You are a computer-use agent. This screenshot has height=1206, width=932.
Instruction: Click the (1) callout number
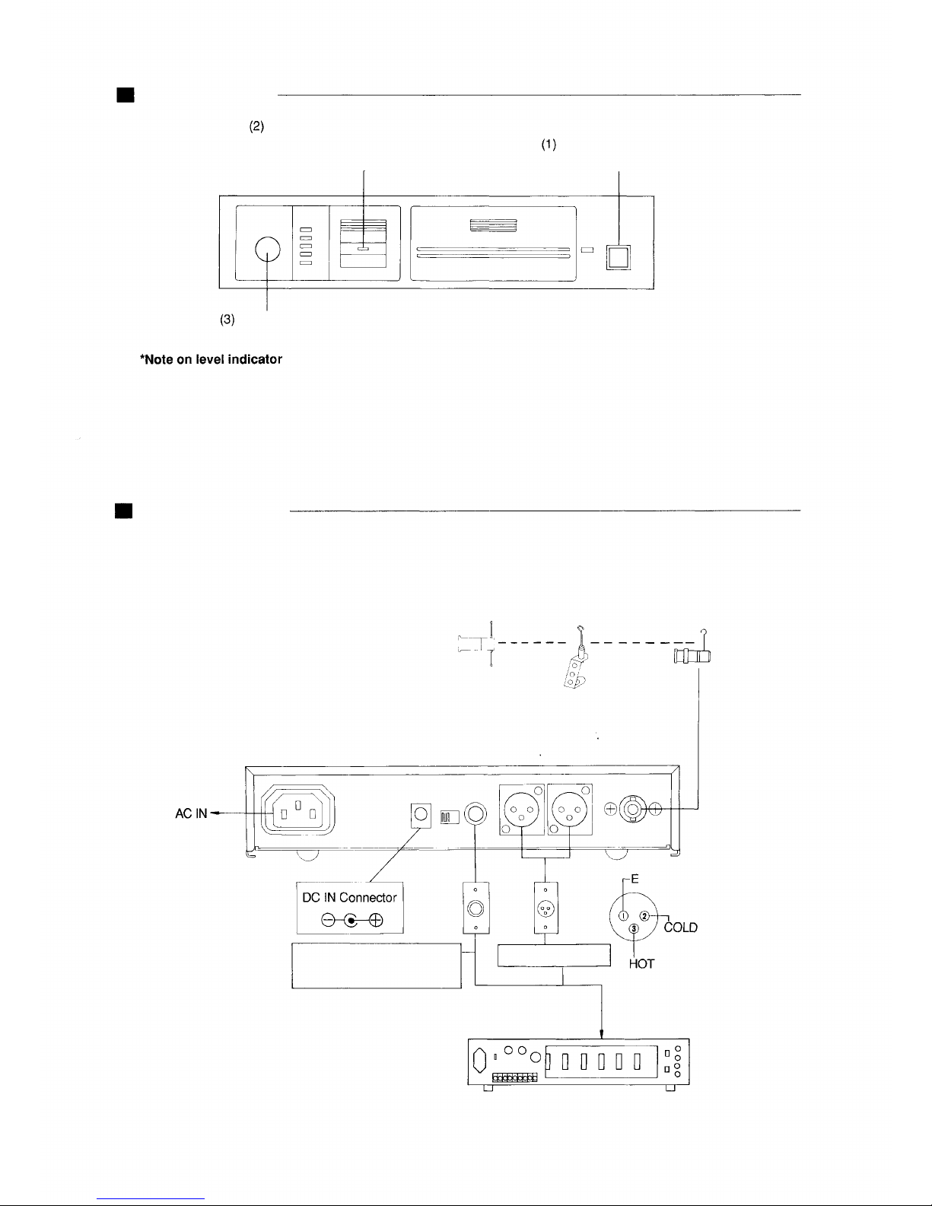click(x=549, y=145)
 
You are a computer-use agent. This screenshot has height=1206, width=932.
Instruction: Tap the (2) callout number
click(x=256, y=126)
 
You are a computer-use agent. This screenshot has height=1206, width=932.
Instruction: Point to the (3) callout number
click(x=227, y=319)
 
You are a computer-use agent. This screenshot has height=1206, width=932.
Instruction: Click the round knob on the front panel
click(x=267, y=250)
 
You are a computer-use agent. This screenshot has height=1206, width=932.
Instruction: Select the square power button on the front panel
click(x=618, y=257)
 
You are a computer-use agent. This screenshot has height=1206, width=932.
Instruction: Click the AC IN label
click(x=191, y=813)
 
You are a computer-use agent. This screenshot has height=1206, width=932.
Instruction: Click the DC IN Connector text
click(x=349, y=897)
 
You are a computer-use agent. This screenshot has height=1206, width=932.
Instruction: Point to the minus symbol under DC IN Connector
click(x=328, y=920)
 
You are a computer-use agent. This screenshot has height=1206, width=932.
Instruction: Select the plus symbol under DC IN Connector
click(x=376, y=920)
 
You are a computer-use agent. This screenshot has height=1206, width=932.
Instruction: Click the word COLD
click(x=681, y=928)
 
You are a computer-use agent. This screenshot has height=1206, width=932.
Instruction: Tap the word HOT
click(x=642, y=964)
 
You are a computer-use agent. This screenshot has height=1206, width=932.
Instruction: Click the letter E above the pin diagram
click(x=635, y=879)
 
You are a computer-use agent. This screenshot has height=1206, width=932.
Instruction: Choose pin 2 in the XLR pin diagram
click(x=644, y=916)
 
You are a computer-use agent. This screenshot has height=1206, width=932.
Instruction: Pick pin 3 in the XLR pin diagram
click(x=634, y=928)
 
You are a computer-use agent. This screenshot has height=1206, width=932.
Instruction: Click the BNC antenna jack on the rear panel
click(x=633, y=809)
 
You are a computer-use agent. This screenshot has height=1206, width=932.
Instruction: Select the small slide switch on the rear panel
click(x=450, y=817)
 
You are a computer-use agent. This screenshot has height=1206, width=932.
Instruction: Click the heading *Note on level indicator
click(x=212, y=359)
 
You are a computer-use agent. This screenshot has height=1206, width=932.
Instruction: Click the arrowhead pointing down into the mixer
click(x=601, y=1034)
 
